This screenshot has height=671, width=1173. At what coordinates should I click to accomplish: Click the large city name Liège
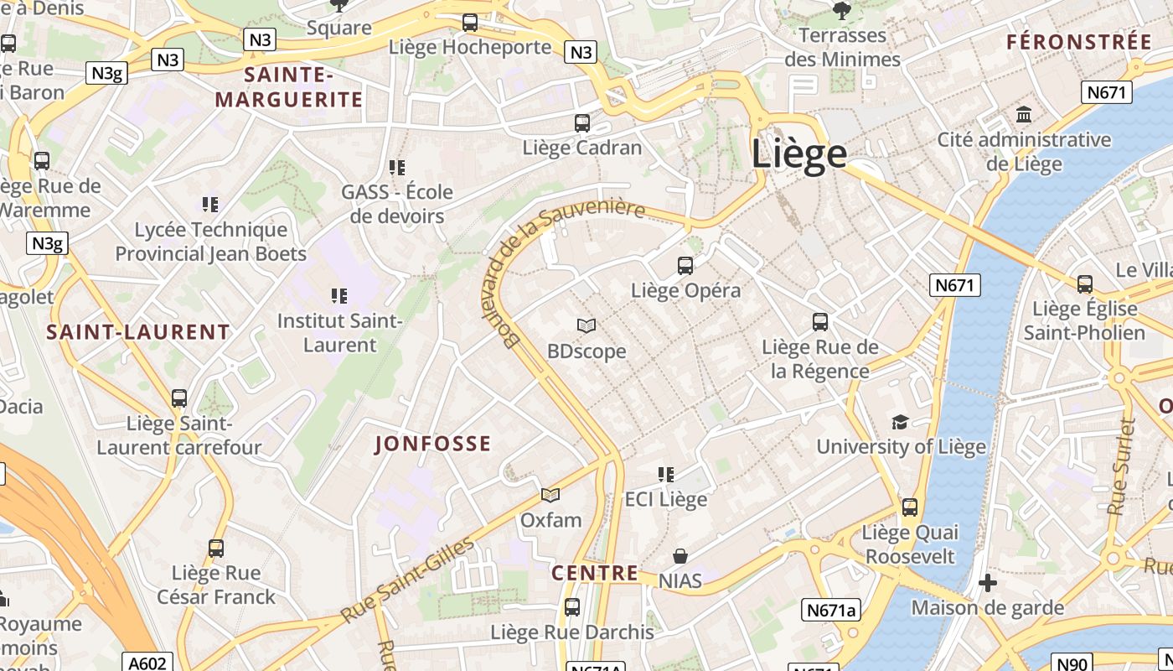[798, 154]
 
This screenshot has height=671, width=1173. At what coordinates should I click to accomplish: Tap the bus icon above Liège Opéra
[685, 266]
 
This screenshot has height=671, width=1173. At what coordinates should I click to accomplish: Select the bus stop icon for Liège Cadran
[582, 123]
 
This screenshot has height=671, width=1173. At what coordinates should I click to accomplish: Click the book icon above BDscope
[586, 325]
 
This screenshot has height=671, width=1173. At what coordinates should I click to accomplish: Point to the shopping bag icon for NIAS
[680, 556]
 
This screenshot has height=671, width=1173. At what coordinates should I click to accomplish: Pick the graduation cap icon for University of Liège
[901, 422]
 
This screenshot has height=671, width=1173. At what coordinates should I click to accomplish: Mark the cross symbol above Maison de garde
[988, 582]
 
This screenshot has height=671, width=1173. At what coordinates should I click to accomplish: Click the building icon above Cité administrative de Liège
[1024, 114]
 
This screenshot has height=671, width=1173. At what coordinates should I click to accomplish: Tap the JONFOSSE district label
[432, 444]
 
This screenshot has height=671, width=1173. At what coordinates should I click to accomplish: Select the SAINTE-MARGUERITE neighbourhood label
[289, 87]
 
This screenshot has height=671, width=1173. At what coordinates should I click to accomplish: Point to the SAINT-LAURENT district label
[138, 332]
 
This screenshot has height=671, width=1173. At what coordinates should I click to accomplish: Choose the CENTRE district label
[595, 574]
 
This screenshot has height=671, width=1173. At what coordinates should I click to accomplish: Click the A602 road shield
[147, 663]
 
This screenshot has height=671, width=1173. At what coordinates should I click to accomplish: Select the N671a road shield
[831, 610]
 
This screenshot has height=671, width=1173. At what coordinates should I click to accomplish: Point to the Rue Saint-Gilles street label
[408, 581]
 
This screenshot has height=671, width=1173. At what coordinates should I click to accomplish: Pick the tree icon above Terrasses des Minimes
[842, 10]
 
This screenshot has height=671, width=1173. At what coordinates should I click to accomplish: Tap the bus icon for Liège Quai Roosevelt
[910, 507]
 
